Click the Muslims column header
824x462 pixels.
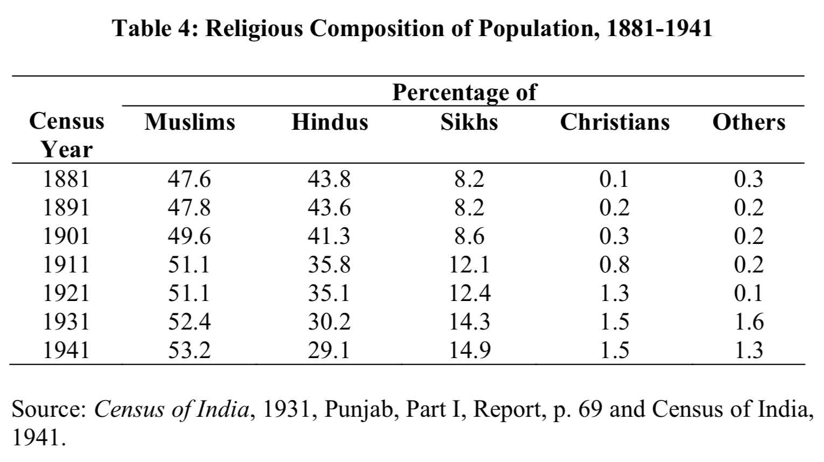click(x=190, y=122)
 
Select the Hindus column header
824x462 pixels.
click(x=330, y=122)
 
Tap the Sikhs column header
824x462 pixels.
click(x=469, y=122)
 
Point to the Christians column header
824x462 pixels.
click(x=614, y=122)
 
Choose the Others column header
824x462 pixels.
click(x=749, y=122)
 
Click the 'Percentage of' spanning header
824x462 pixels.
click(x=464, y=93)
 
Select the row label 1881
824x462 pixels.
click(x=66, y=179)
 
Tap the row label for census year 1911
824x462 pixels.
click(x=66, y=265)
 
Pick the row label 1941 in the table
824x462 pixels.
click(x=66, y=351)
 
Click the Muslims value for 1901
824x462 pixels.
click(x=189, y=236)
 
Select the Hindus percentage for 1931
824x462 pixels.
click(x=329, y=322)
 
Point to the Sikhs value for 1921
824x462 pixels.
click(x=470, y=293)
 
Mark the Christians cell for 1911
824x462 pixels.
click(x=614, y=265)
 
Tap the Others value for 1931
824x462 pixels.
click(x=749, y=322)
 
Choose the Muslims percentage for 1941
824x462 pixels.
click(x=189, y=351)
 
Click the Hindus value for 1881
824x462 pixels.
click(x=329, y=179)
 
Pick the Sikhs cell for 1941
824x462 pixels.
click(x=470, y=351)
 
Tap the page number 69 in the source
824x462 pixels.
click(x=590, y=410)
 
